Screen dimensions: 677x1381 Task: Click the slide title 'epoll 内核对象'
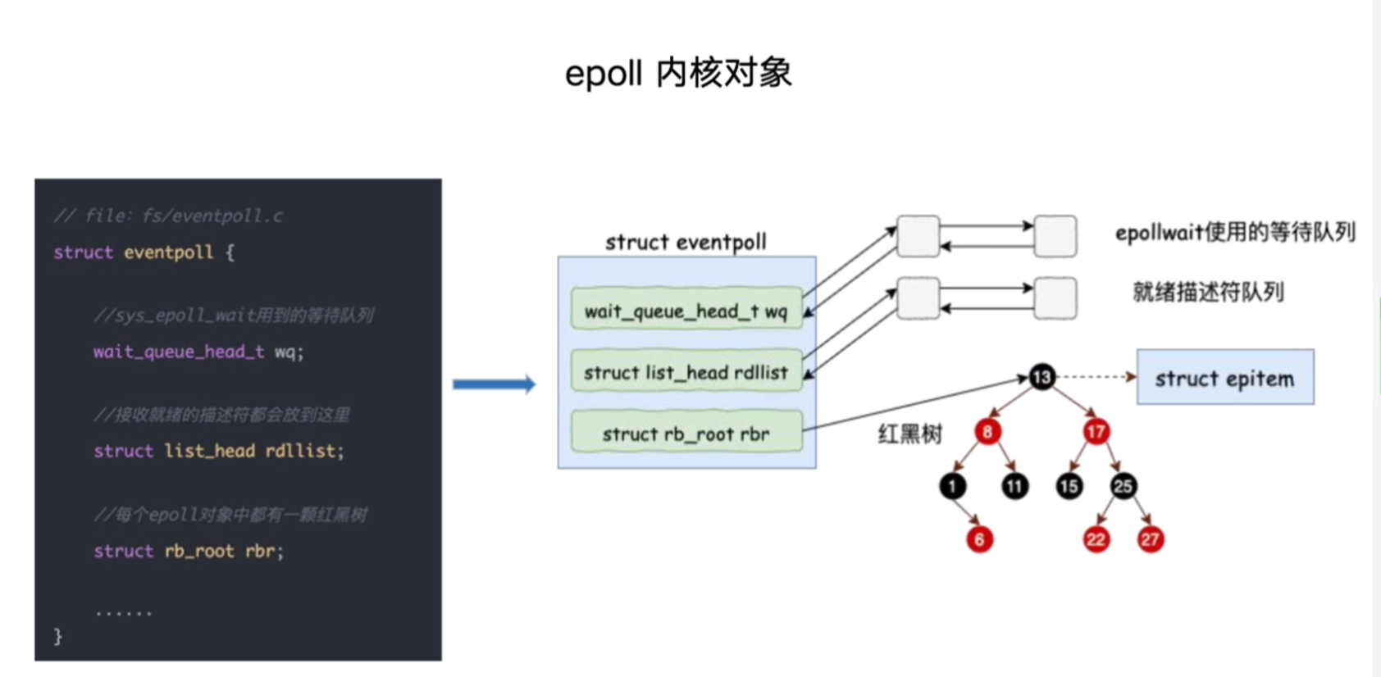678,74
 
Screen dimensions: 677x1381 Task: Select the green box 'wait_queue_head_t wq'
686,311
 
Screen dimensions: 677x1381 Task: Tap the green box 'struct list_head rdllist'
686,372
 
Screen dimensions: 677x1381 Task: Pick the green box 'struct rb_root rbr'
686,434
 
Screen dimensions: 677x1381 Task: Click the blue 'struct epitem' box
1225,378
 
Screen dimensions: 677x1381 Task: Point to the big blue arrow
494,384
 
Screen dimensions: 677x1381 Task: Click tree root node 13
1041,377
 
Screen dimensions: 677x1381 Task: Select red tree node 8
987,432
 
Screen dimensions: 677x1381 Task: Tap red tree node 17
1096,432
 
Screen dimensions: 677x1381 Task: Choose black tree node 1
952,487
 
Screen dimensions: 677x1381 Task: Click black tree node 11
1014,487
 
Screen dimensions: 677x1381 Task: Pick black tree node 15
1069,487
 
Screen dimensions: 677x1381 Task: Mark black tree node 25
1123,487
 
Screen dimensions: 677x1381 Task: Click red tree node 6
979,539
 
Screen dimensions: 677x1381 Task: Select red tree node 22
1096,539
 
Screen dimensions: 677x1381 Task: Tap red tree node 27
1150,539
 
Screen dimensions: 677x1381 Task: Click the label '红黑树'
909,434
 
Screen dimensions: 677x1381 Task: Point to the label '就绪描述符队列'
1208,292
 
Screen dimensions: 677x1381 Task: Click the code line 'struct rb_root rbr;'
189,551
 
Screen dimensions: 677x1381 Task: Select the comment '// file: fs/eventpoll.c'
168,216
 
